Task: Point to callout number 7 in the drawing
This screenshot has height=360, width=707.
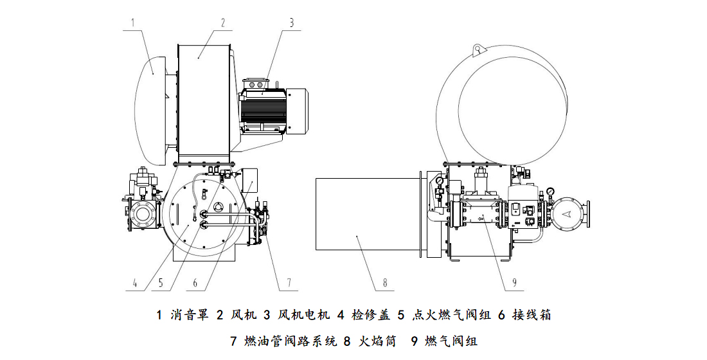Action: (x=289, y=282)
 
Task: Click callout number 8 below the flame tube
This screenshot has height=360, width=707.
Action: (x=384, y=282)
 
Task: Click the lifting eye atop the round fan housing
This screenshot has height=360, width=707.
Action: (x=478, y=48)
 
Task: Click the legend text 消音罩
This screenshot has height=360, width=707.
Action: (x=190, y=315)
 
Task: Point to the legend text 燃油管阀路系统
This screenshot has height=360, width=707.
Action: (x=290, y=341)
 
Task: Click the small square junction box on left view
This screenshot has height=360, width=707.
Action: (x=249, y=179)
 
